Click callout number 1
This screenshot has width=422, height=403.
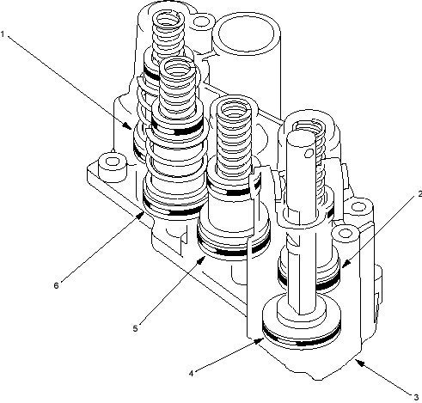(x=3, y=34)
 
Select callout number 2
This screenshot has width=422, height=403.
(x=419, y=194)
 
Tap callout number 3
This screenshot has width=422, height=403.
(x=416, y=397)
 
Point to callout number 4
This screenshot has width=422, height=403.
(x=191, y=374)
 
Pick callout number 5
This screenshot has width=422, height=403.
(x=135, y=328)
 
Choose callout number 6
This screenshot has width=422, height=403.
(x=56, y=285)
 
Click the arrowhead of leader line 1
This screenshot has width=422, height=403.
(x=128, y=126)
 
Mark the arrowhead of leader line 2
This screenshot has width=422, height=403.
(x=346, y=263)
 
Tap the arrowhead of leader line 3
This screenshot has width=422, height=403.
(x=360, y=363)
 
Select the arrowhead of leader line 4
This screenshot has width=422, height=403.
(x=260, y=341)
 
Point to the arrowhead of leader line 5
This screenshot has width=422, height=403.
(x=202, y=260)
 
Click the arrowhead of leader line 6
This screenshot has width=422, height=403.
(x=140, y=215)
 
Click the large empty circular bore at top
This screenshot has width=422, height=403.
(x=246, y=34)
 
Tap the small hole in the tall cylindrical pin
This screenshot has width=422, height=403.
(x=309, y=153)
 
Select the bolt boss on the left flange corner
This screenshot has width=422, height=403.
(x=113, y=168)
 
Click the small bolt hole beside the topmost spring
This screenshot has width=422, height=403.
(x=202, y=21)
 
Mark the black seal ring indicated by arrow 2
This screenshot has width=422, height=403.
(x=309, y=284)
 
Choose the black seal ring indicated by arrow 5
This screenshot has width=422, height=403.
(x=234, y=251)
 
